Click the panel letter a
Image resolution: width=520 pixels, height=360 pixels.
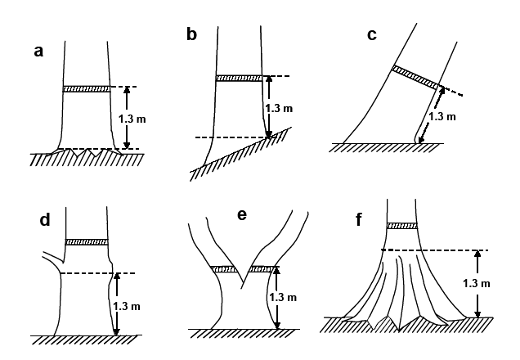point(38,52)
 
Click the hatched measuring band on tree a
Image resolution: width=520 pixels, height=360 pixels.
point(87,88)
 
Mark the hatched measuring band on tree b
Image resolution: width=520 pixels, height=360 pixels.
point(239,79)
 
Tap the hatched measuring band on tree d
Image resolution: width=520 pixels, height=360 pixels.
point(87,241)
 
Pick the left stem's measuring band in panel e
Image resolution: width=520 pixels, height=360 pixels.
point(224,268)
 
